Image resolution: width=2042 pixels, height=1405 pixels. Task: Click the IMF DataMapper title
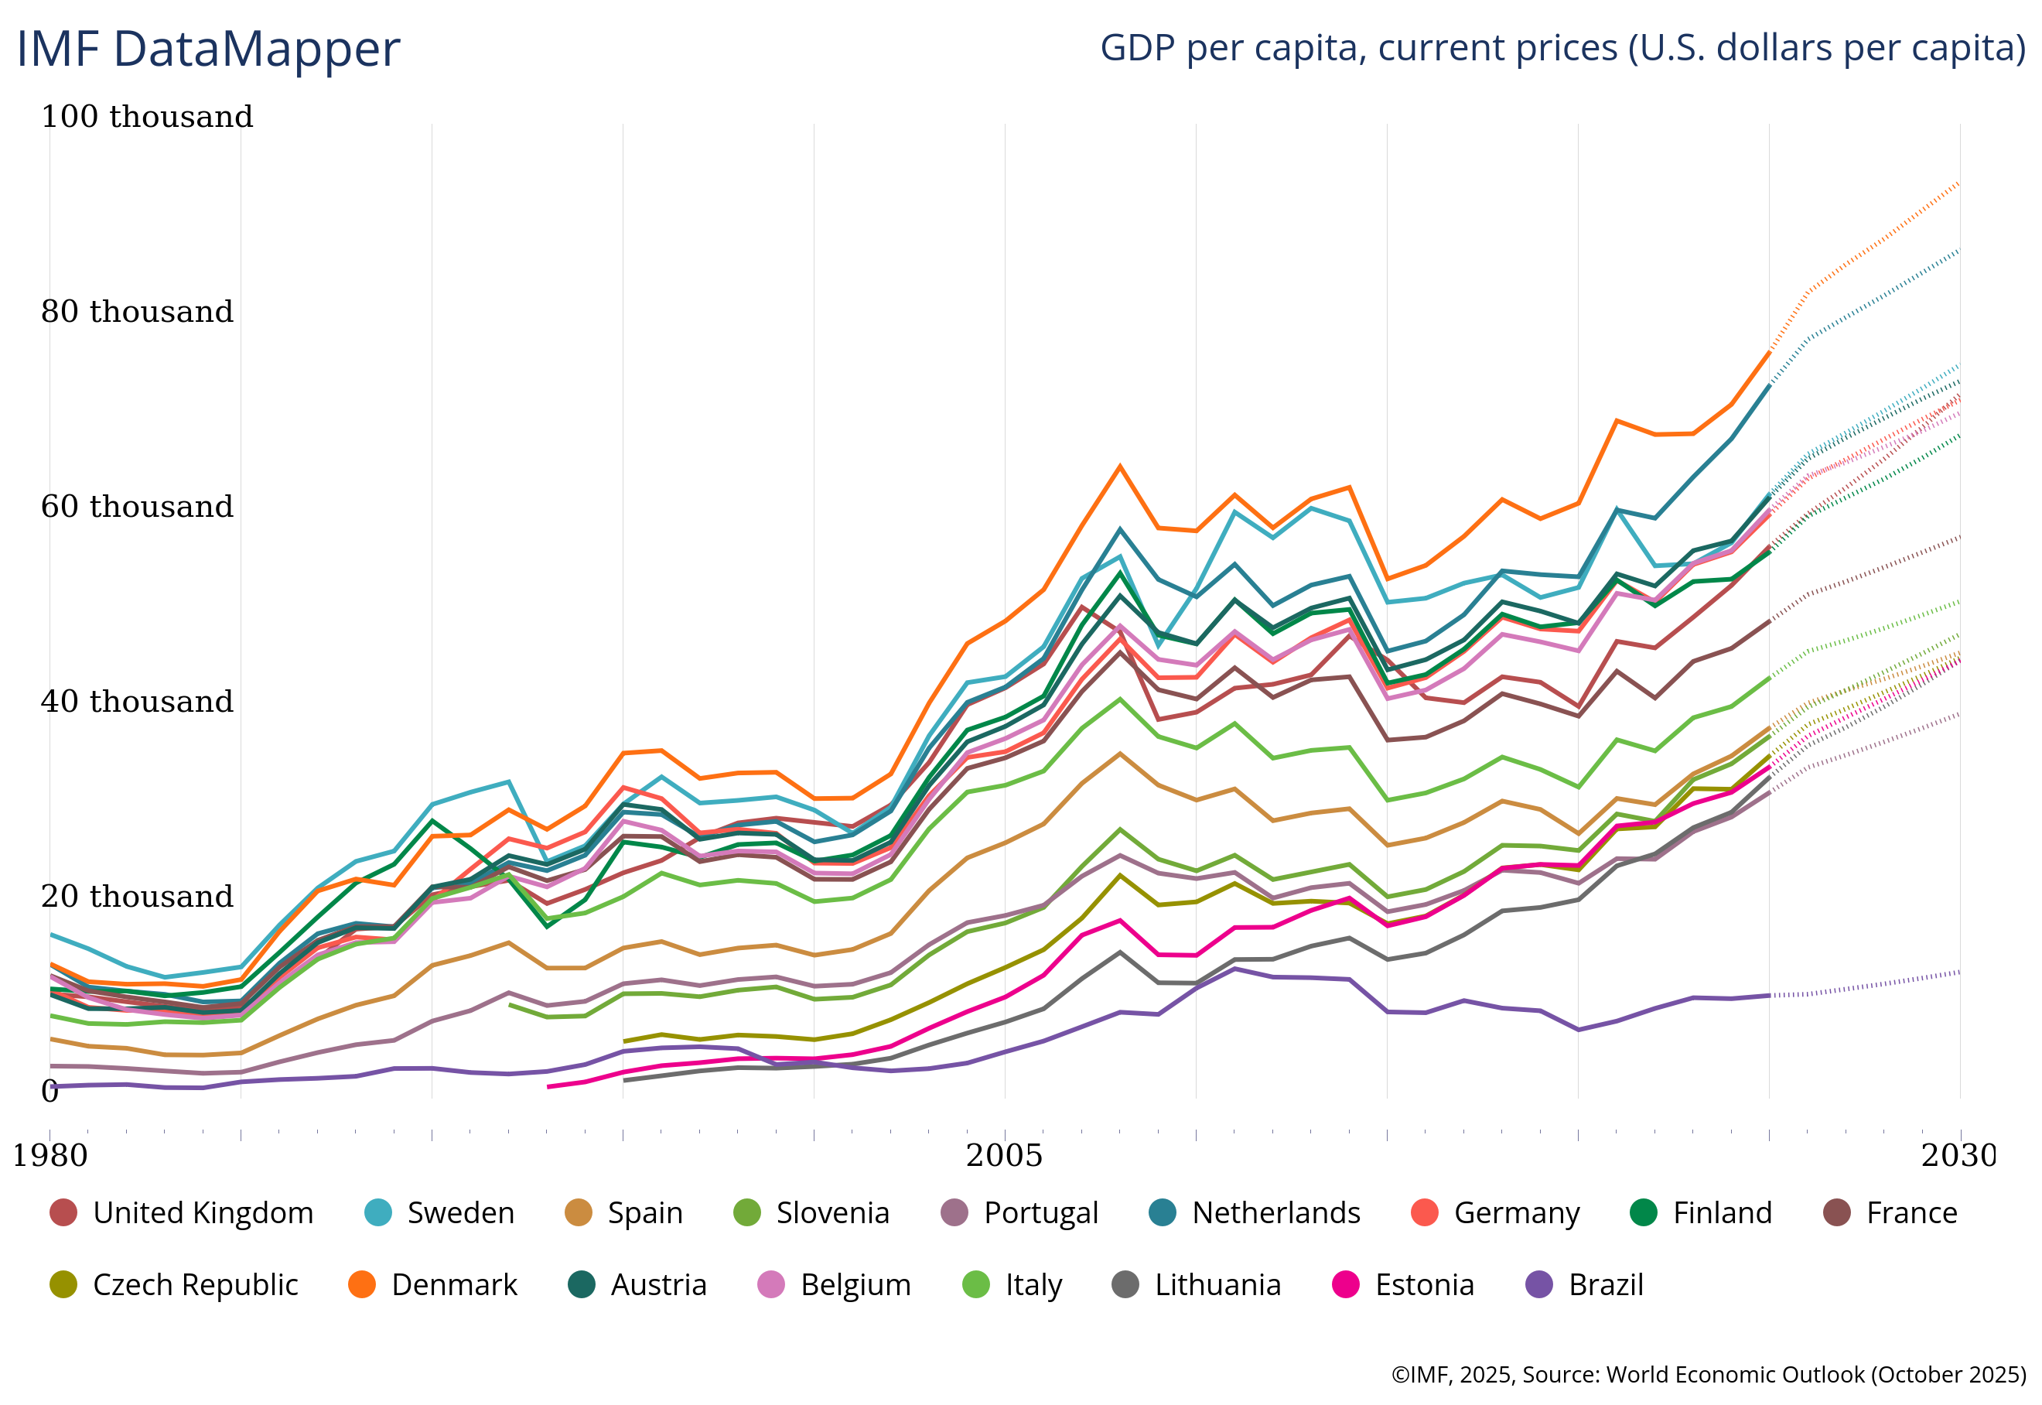[208, 49]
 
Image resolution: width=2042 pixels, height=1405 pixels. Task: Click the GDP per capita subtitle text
[1562, 47]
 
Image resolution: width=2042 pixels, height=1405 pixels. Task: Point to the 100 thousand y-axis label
[147, 116]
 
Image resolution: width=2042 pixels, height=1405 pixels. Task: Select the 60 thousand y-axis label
[138, 506]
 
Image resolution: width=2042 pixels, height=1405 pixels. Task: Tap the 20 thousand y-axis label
[138, 896]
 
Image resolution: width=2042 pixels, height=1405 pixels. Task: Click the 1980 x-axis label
[50, 1155]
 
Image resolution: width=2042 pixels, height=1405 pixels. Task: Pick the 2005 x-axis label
[1004, 1155]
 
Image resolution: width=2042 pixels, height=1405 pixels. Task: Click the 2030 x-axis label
[1958, 1155]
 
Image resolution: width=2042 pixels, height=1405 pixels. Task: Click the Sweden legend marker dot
[377, 1213]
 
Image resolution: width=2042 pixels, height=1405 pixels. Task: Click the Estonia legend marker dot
[1346, 1285]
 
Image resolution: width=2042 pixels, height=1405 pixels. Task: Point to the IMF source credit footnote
[1709, 1375]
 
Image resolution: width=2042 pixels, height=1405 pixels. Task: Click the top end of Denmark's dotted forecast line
[1958, 183]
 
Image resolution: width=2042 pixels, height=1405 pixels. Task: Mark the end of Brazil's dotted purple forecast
[1958, 973]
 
